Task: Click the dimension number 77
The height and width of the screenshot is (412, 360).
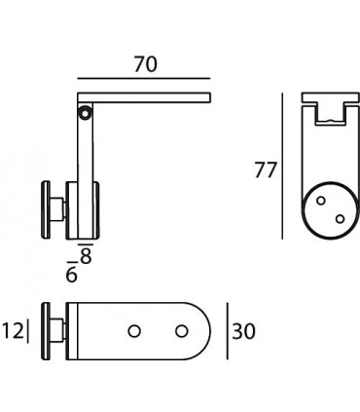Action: tap(264, 169)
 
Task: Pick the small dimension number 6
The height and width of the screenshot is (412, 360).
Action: tap(71, 276)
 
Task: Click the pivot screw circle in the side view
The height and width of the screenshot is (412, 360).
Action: tap(87, 114)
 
